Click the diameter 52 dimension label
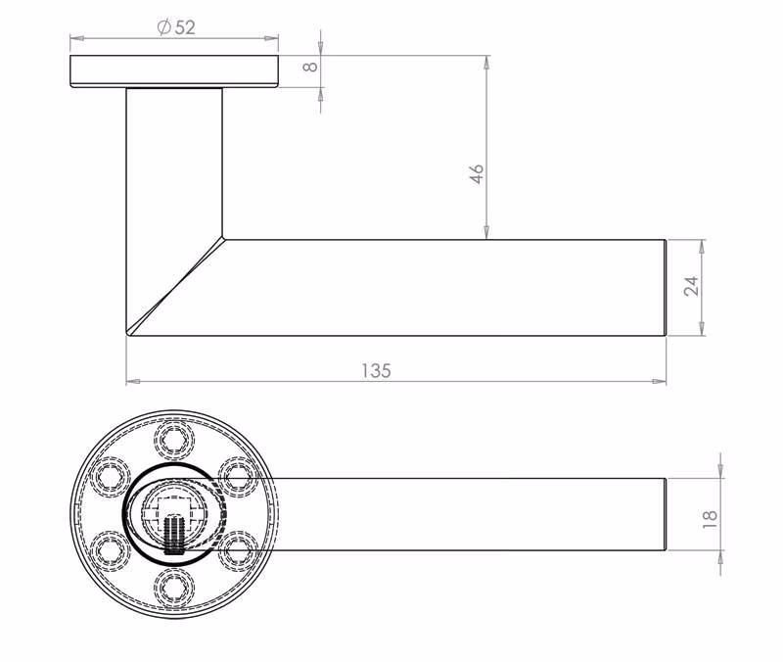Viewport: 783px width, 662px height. click(176, 27)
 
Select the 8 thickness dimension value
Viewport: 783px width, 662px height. click(310, 66)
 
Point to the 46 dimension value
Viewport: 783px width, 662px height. click(478, 173)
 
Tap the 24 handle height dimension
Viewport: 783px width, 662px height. click(691, 286)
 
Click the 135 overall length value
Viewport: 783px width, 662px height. click(376, 371)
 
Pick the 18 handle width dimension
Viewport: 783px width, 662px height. click(710, 519)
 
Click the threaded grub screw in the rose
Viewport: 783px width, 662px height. click(173, 534)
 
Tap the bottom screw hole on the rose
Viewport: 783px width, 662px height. click(174, 588)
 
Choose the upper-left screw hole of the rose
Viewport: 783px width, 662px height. click(111, 477)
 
